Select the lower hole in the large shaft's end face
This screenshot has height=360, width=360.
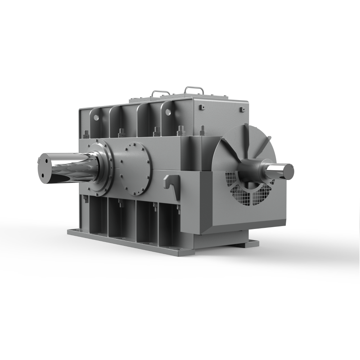pos(43,176)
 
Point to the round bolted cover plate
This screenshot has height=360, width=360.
pos(134,168)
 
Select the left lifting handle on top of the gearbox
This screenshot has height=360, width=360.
pos(161,93)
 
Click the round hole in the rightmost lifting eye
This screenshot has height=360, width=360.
pos(168,112)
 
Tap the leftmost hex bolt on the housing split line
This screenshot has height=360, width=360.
pos(86,134)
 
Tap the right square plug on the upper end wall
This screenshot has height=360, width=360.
pos(243,109)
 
